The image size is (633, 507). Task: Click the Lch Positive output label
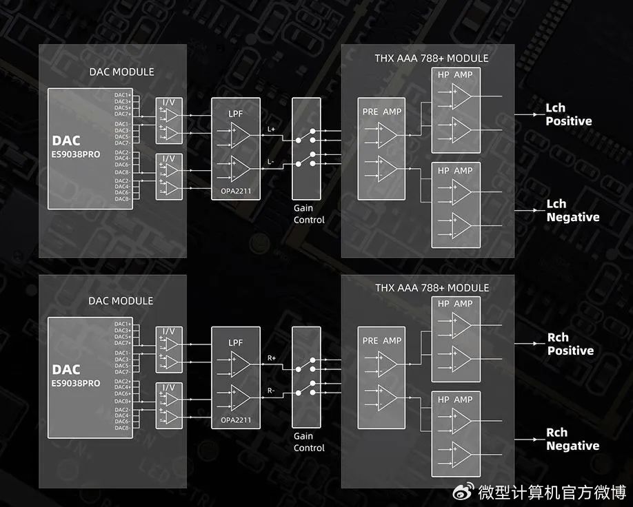568,114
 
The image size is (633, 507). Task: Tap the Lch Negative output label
572,210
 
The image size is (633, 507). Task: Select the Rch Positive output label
570,344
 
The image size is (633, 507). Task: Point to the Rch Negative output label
572,439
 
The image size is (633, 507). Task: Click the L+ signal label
271,129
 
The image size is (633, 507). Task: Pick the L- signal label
271,161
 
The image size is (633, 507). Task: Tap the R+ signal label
271,358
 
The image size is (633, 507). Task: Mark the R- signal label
271,391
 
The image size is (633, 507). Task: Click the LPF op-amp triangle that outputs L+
241,135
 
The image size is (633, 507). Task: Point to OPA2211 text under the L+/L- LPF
236,193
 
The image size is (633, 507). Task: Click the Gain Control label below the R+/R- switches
308,442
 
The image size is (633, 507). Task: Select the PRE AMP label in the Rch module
382,340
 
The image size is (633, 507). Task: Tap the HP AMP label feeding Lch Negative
455,170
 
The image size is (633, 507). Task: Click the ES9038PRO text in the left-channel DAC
76,154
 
